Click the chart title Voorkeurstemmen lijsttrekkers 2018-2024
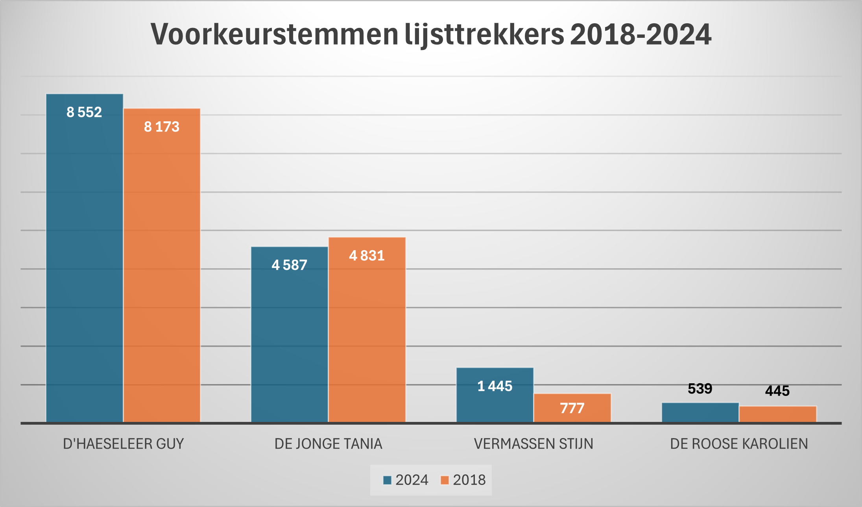tap(431, 35)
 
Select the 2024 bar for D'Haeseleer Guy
tap(85, 260)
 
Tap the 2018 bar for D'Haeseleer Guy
tap(162, 268)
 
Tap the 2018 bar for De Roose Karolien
tap(778, 414)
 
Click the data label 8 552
tap(84, 112)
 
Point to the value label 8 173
tap(162, 127)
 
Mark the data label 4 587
tap(290, 265)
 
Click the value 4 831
tap(367, 256)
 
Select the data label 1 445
tap(495, 386)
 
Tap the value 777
tap(572, 408)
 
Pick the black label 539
tap(700, 389)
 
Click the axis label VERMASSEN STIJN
tap(533, 444)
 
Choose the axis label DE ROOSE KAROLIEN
tap(739, 444)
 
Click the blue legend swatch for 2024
tap(388, 480)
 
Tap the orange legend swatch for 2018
tap(445, 480)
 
